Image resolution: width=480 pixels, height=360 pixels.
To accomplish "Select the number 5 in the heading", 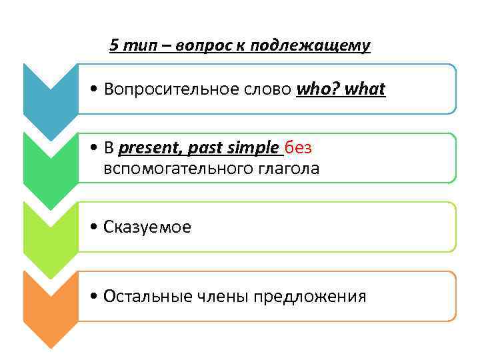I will tap(114, 45).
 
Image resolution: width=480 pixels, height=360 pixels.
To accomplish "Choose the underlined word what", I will tap(365, 89).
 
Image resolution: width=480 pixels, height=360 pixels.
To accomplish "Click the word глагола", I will tap(287, 169).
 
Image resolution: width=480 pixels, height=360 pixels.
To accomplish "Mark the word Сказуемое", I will tap(147, 228).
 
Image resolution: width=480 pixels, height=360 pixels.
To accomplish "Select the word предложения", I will tap(309, 297).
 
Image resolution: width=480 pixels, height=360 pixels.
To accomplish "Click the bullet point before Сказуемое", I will tap(97, 228).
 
